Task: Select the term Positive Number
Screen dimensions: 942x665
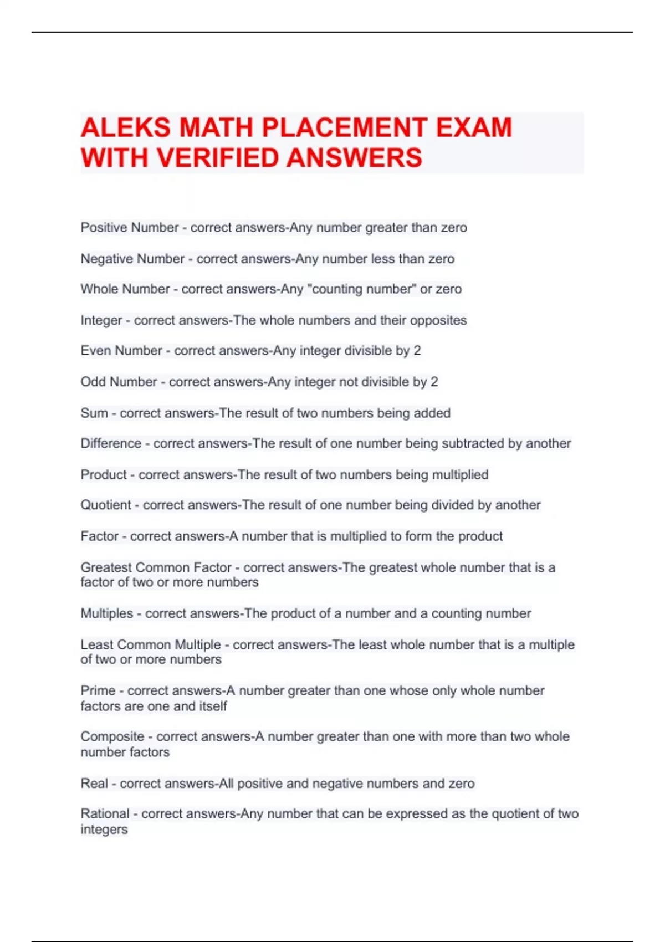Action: click(x=130, y=228)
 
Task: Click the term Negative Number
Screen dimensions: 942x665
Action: click(x=132, y=259)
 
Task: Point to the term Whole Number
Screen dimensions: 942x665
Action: click(x=125, y=289)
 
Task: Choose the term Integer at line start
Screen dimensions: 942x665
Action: click(x=101, y=320)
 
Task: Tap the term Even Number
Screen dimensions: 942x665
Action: click(x=121, y=351)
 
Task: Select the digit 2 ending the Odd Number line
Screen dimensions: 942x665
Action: click(x=434, y=382)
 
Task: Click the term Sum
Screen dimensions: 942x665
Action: click(x=94, y=413)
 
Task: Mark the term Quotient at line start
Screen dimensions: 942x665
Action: click(x=106, y=505)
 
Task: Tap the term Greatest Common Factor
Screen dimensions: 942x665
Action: click(x=156, y=567)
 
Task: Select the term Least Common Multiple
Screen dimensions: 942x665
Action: click(x=151, y=645)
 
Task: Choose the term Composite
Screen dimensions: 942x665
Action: click(x=112, y=737)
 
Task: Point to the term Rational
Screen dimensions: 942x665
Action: click(x=105, y=814)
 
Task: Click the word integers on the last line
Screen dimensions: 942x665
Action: click(x=104, y=830)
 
